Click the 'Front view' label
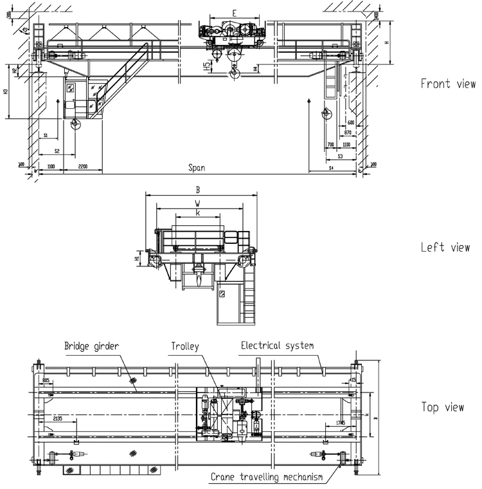[448, 84]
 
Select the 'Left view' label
[445, 247]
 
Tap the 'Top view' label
[443, 407]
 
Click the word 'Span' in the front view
[197, 167]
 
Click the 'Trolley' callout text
[185, 347]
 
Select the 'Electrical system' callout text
[277, 346]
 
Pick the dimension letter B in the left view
[199, 190]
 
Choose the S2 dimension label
[57, 151]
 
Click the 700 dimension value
[330, 145]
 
